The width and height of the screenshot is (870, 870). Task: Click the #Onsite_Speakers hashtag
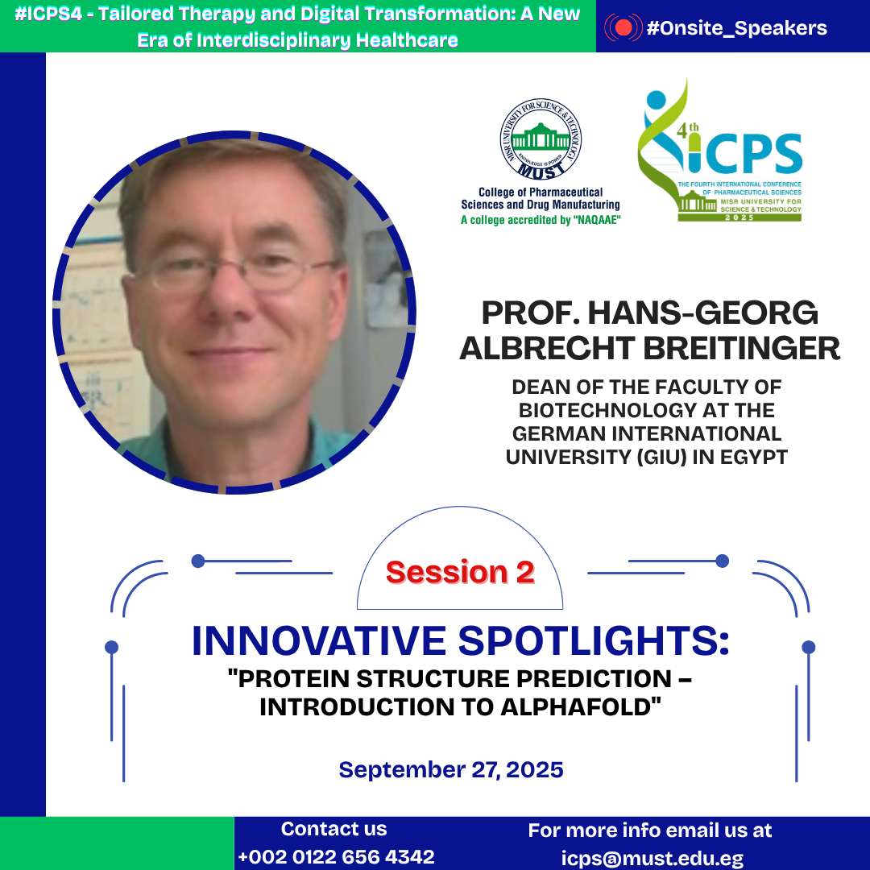pos(736,27)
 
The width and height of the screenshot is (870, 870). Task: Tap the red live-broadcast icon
pos(623,27)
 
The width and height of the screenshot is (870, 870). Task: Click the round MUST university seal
pos(541,139)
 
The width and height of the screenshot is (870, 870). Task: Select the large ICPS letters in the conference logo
pos(744,153)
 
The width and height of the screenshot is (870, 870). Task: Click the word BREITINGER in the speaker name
pos(741,349)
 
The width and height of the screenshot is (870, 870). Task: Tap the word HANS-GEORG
pos(702,313)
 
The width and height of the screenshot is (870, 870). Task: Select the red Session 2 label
pos(460,572)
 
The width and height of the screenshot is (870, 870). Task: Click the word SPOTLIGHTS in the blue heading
pos(593,641)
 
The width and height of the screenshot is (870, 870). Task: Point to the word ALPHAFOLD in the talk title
pos(581,707)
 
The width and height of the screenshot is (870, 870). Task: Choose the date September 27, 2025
pos(451,769)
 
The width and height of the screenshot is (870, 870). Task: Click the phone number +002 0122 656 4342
pos(336,856)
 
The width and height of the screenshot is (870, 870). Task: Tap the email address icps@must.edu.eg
pos(652,858)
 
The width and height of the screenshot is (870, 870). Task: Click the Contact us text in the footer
pos(334,828)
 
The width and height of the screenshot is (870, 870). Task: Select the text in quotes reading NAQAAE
pos(597,220)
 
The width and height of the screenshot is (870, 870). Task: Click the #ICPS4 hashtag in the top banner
pos(48,14)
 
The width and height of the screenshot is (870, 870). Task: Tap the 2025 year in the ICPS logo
pos(739,217)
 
